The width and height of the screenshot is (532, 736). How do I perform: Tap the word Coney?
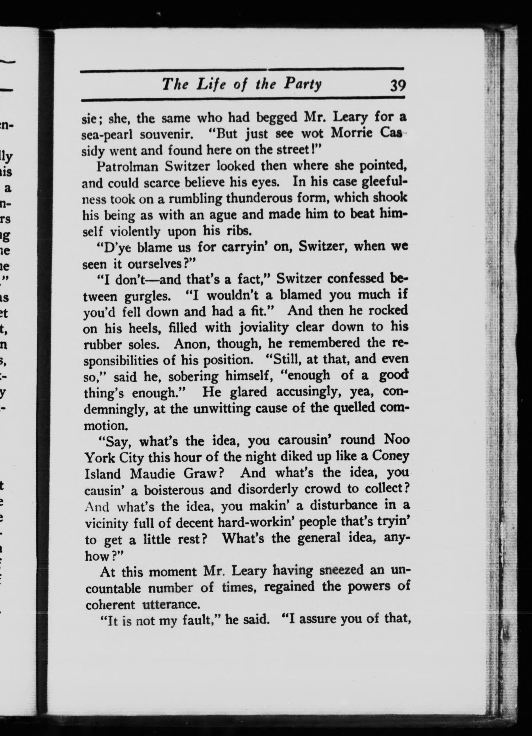[390, 457]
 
